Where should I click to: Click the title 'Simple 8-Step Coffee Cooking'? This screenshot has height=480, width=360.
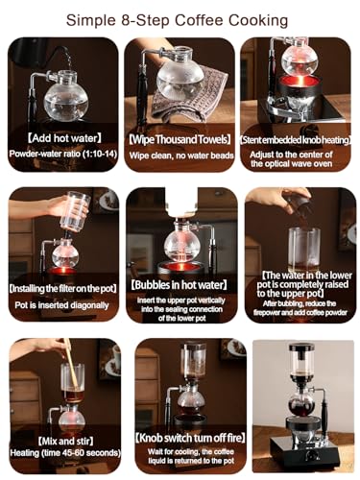point(180,18)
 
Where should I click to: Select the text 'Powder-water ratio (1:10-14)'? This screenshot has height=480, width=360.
point(61,155)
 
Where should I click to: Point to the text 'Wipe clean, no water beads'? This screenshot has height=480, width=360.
point(180,155)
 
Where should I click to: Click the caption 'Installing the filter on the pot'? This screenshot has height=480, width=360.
point(61,286)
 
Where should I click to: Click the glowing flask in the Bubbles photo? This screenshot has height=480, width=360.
point(180,240)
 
